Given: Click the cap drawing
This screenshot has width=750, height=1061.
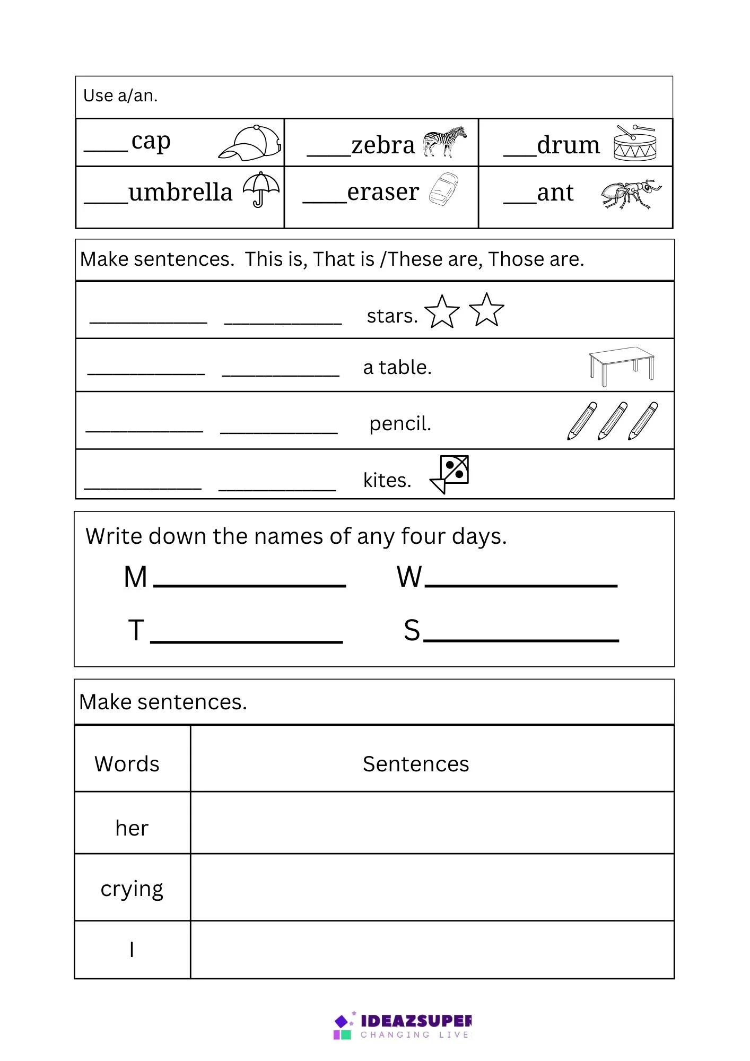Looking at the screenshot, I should [250, 143].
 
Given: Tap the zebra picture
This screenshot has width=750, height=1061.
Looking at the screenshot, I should [444, 142].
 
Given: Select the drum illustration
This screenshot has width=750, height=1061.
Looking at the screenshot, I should [635, 143].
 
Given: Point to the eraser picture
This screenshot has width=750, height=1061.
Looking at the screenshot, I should [443, 189].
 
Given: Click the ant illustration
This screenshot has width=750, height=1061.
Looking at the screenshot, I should [631, 194].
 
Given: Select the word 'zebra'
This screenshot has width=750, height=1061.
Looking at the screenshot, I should [383, 145].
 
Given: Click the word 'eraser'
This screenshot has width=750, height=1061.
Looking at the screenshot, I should [383, 192].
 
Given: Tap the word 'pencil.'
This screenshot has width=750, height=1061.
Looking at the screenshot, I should [400, 423].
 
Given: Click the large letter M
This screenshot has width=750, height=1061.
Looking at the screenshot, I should [135, 577].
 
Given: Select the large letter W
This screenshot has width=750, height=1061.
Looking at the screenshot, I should [409, 577].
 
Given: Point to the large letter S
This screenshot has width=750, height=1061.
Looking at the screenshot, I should [412, 630].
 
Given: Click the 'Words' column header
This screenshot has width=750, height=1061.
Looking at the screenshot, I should [127, 764].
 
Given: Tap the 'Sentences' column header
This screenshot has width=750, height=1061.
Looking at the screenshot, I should [416, 764].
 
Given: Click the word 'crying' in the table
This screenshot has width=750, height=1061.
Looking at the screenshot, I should [132, 889].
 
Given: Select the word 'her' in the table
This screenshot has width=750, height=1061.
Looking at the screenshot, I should [132, 828].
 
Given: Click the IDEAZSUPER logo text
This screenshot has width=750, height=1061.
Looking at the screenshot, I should [415, 1021].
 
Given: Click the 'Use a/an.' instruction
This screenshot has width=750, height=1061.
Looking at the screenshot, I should [120, 95].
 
